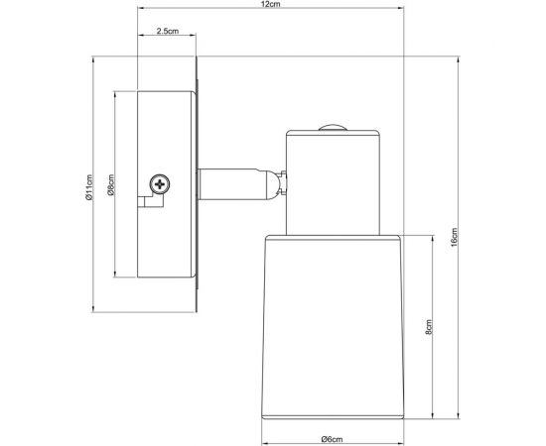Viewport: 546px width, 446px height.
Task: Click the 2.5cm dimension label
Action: pos(167,33)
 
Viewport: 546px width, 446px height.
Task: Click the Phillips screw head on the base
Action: pos(159,183)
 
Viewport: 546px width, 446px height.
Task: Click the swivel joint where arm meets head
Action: pos(278,183)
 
